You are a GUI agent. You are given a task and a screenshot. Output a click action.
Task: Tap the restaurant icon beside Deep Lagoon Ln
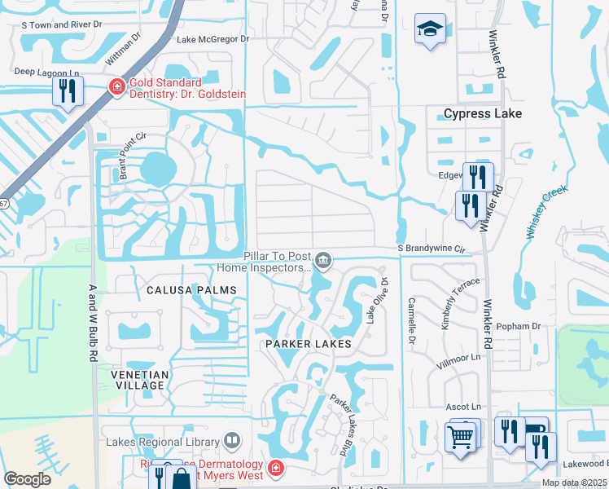click(68, 91)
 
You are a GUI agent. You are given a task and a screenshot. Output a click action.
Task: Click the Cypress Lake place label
click(482, 113)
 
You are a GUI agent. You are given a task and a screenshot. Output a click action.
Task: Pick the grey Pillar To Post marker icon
click(323, 260)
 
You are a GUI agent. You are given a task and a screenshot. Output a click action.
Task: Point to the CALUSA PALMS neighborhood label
click(191, 290)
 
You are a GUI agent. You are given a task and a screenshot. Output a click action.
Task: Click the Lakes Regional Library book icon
click(233, 442)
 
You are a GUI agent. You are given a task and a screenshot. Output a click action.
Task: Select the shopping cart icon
click(461, 436)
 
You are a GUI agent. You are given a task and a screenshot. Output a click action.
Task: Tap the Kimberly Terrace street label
click(450, 303)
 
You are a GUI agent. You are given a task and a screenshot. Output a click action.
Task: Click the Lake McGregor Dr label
click(207, 39)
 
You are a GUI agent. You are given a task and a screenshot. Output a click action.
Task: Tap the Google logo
click(27, 479)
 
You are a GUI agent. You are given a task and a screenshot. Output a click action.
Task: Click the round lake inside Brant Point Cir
click(157, 170)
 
